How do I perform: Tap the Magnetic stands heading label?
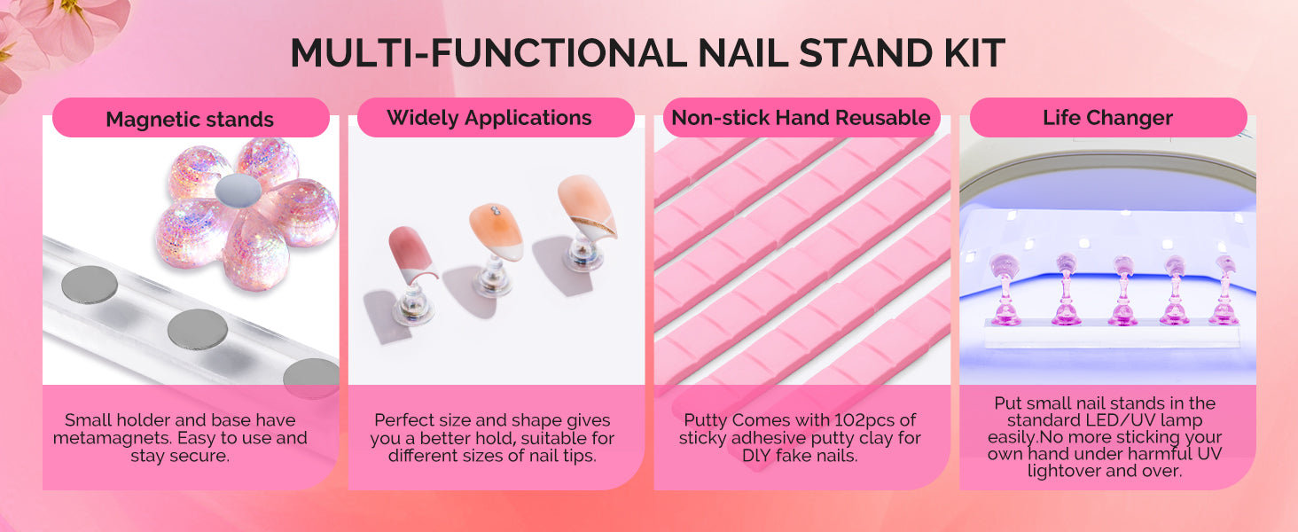coord(190,119)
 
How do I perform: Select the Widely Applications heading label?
coord(489,118)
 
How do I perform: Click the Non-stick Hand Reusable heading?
coord(801,118)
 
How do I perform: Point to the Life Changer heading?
coord(1108,118)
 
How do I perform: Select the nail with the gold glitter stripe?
coord(586,207)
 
